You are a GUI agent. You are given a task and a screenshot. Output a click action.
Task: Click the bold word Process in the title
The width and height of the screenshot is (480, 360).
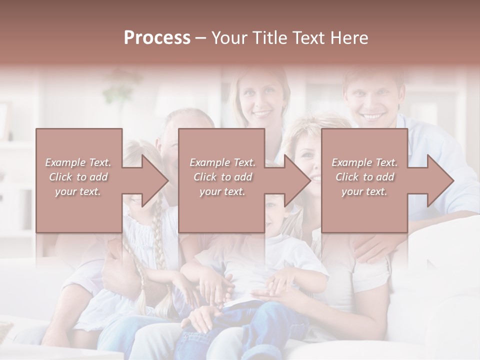(157, 37)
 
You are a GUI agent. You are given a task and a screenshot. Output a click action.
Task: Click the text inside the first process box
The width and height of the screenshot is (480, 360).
(78, 176)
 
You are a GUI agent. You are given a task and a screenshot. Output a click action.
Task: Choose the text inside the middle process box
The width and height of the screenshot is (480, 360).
(222, 176)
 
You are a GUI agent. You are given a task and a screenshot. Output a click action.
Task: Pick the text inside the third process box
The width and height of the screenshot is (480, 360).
(364, 176)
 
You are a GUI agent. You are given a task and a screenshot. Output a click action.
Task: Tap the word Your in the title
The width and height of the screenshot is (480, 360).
(228, 37)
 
